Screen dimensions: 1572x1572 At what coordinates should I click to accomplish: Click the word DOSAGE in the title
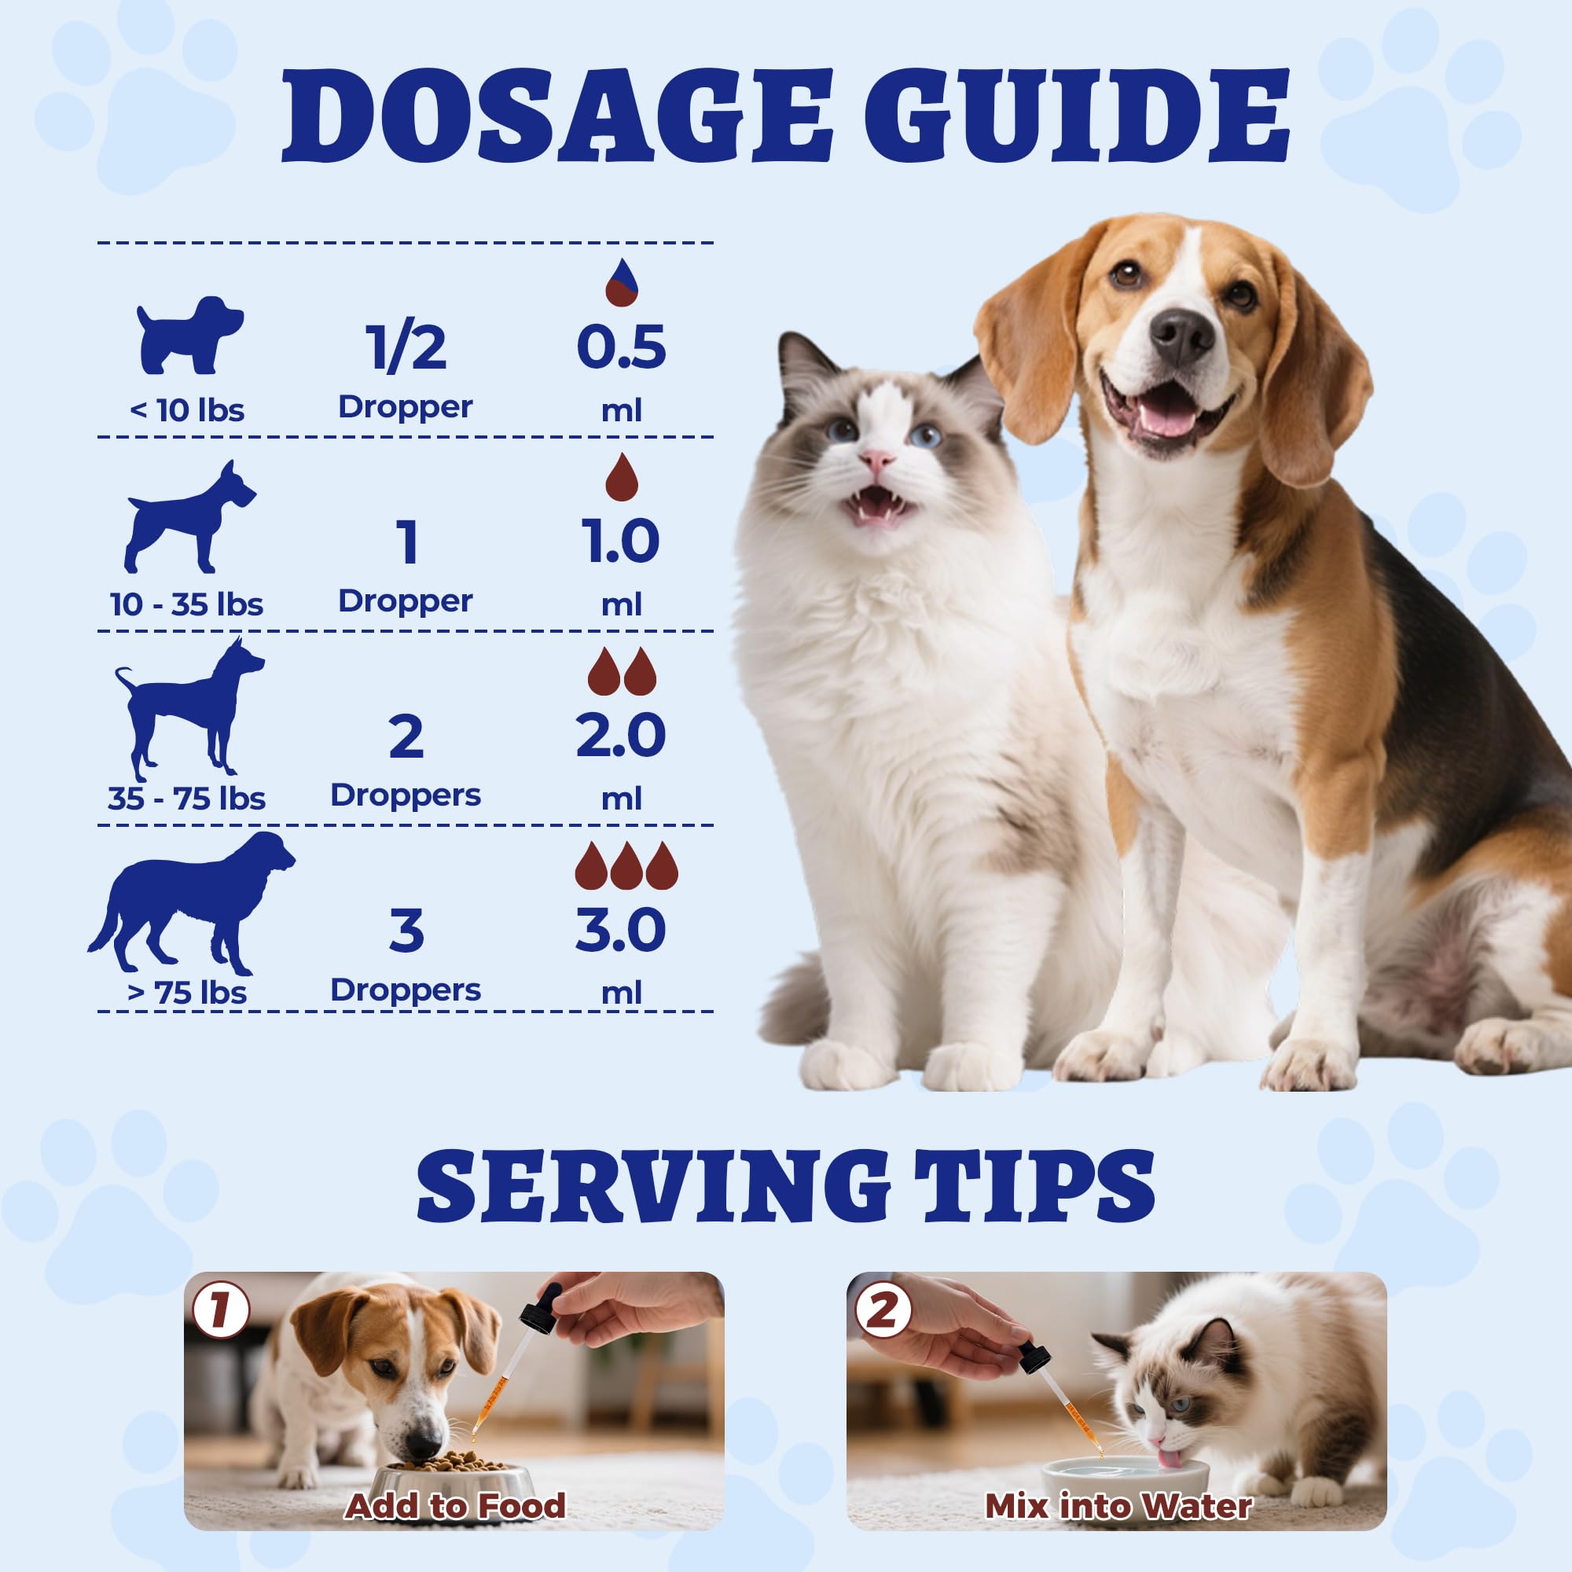pos(557,116)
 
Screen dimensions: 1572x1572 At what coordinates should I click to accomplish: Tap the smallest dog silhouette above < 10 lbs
pos(189,334)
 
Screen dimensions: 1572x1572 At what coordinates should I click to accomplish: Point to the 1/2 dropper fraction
pos(406,347)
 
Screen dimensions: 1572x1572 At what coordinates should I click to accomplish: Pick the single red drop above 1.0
pos(622,477)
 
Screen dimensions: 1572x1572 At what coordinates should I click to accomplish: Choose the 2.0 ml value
pos(621,736)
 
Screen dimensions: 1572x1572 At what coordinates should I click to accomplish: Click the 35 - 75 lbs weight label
pos(187,799)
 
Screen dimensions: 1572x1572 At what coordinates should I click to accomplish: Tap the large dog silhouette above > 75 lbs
pos(192,902)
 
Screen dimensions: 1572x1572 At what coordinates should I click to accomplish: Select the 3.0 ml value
pos(621,931)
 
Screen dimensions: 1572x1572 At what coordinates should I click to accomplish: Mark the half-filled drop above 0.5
pos(622,282)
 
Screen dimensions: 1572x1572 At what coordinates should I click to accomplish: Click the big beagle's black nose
pos(1181,337)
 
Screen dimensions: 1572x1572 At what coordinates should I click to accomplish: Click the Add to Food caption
pos(456,1483)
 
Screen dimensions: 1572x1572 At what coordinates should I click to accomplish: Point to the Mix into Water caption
pos(1118,1483)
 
